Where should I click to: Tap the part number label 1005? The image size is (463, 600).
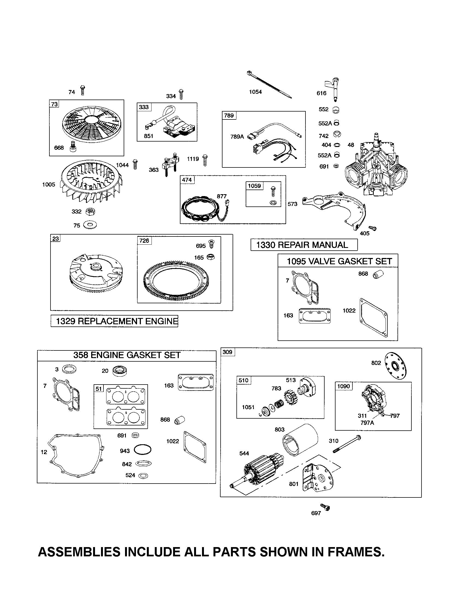point(49,185)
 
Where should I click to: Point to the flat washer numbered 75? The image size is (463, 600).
point(90,225)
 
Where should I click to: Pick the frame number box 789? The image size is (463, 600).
point(229,115)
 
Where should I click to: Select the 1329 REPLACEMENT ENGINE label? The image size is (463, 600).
point(115,321)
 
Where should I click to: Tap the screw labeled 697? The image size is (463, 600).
point(325,508)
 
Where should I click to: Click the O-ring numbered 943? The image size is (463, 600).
point(143,450)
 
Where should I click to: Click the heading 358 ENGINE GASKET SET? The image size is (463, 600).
point(127,355)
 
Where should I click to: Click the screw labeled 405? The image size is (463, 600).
point(373,228)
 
